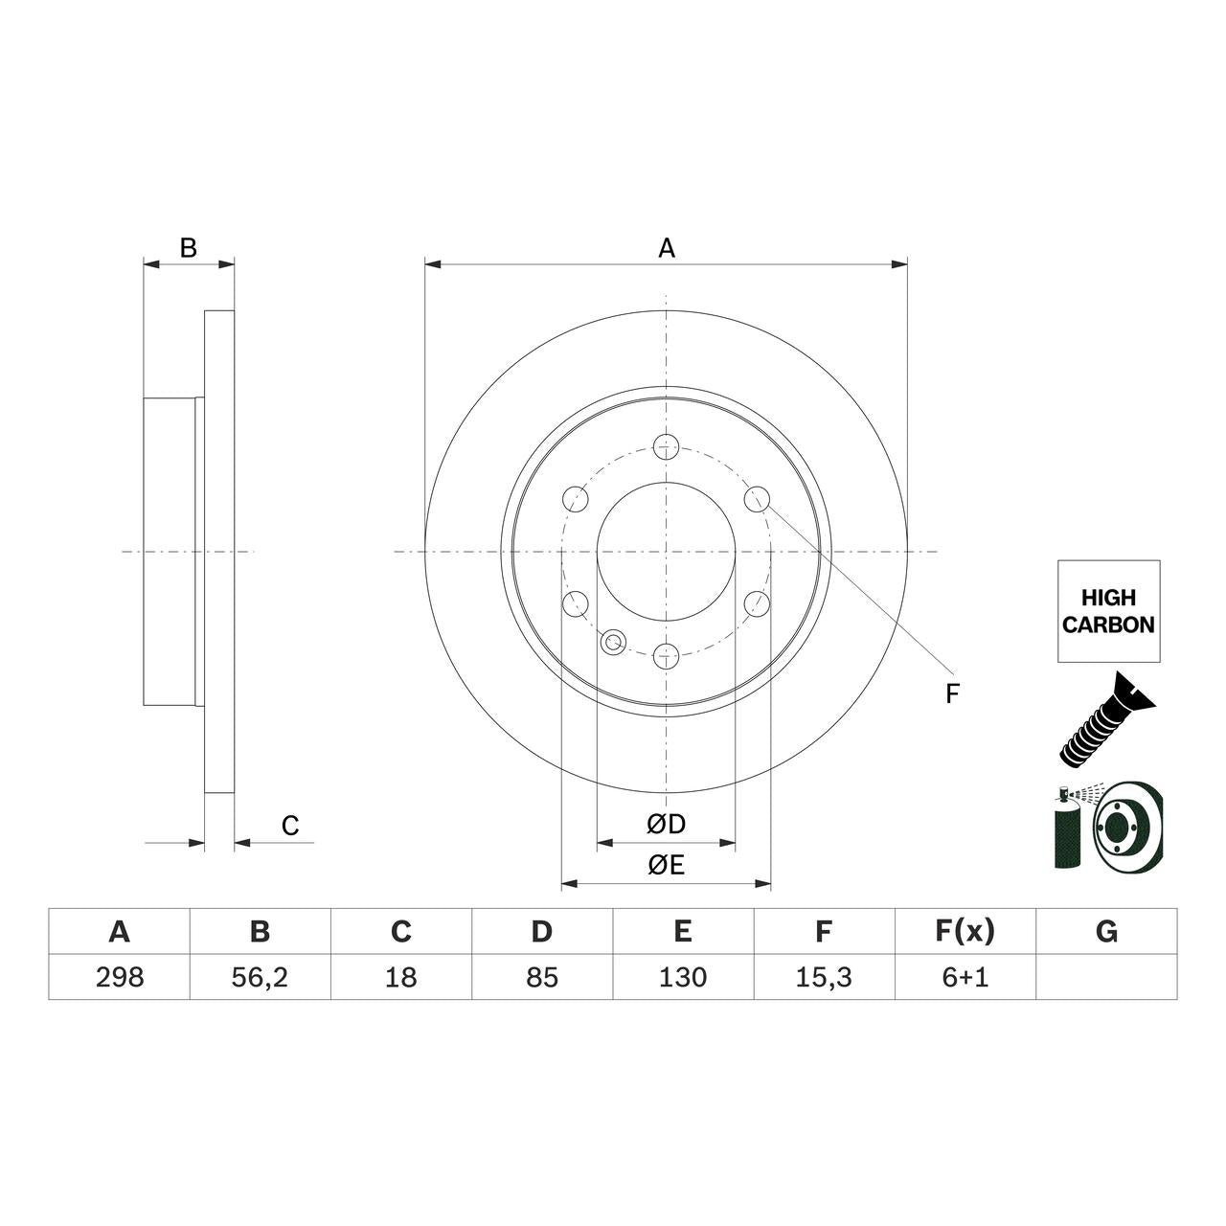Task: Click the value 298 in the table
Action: point(120,977)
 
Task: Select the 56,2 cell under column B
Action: point(260,977)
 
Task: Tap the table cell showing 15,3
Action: point(824,977)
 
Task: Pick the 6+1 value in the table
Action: point(965,977)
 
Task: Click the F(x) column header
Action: point(965,931)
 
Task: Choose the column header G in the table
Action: point(1106,931)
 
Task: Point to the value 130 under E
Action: point(683,977)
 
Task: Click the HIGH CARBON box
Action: point(1108,611)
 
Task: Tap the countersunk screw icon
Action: point(1107,720)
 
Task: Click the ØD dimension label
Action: point(666,824)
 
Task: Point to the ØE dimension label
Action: point(666,865)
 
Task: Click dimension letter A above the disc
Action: point(667,248)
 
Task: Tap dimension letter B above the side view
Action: point(189,248)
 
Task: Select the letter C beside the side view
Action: point(290,826)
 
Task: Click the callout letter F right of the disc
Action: point(951,694)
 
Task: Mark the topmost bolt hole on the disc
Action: point(666,445)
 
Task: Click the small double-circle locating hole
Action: point(614,642)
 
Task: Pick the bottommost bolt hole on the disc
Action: point(666,656)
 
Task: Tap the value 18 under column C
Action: point(400,977)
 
